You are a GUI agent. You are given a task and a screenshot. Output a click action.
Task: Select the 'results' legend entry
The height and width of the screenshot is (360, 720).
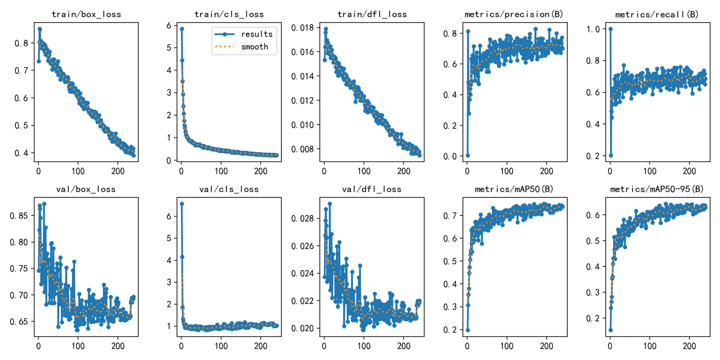pos(257,34)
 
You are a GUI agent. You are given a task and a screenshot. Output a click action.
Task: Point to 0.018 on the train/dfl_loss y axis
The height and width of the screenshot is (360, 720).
pos(303,28)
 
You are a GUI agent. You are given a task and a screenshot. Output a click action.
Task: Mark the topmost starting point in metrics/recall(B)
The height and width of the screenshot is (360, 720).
pos(610,29)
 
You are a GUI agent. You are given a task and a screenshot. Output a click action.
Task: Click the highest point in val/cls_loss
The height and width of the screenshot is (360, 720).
pos(181,204)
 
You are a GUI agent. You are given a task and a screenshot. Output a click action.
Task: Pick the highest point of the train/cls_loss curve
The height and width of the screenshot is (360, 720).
pos(181,29)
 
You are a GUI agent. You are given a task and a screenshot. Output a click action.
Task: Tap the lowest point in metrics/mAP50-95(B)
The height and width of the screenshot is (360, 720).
pos(610,330)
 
